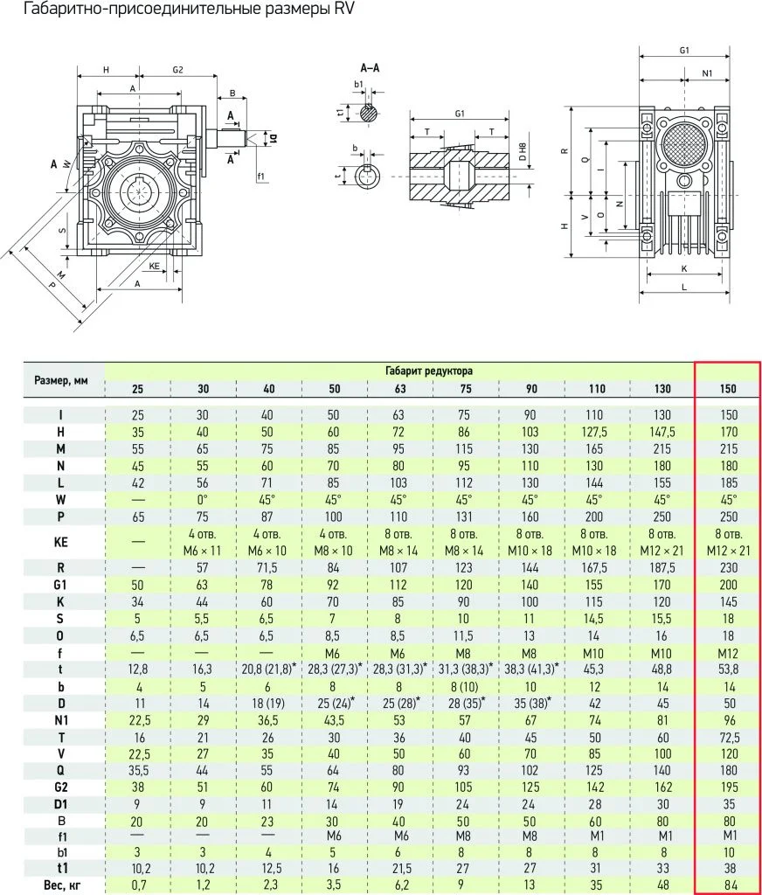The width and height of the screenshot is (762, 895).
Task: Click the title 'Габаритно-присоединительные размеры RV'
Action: pos(189,10)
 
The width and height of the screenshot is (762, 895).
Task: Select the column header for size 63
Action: pos(400,389)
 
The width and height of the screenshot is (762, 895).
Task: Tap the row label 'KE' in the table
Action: pos(61,542)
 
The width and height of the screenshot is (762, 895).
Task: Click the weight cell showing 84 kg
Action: pos(729,885)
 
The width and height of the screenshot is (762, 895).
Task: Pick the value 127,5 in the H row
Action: pos(595,432)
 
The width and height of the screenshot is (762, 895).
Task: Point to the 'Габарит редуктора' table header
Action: pos(429,371)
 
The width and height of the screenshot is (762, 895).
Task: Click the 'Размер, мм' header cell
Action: pos(61,380)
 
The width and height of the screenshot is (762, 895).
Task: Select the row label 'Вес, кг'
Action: pos(61,885)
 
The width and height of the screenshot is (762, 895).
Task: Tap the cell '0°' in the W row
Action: pos(203,500)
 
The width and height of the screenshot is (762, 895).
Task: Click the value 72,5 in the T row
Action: pos(729,738)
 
